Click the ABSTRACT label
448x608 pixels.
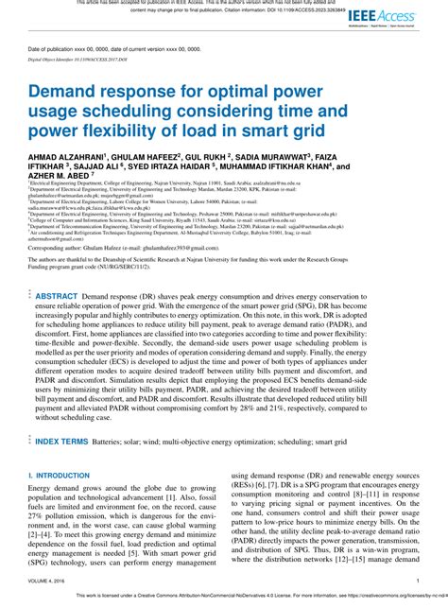[57, 296]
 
